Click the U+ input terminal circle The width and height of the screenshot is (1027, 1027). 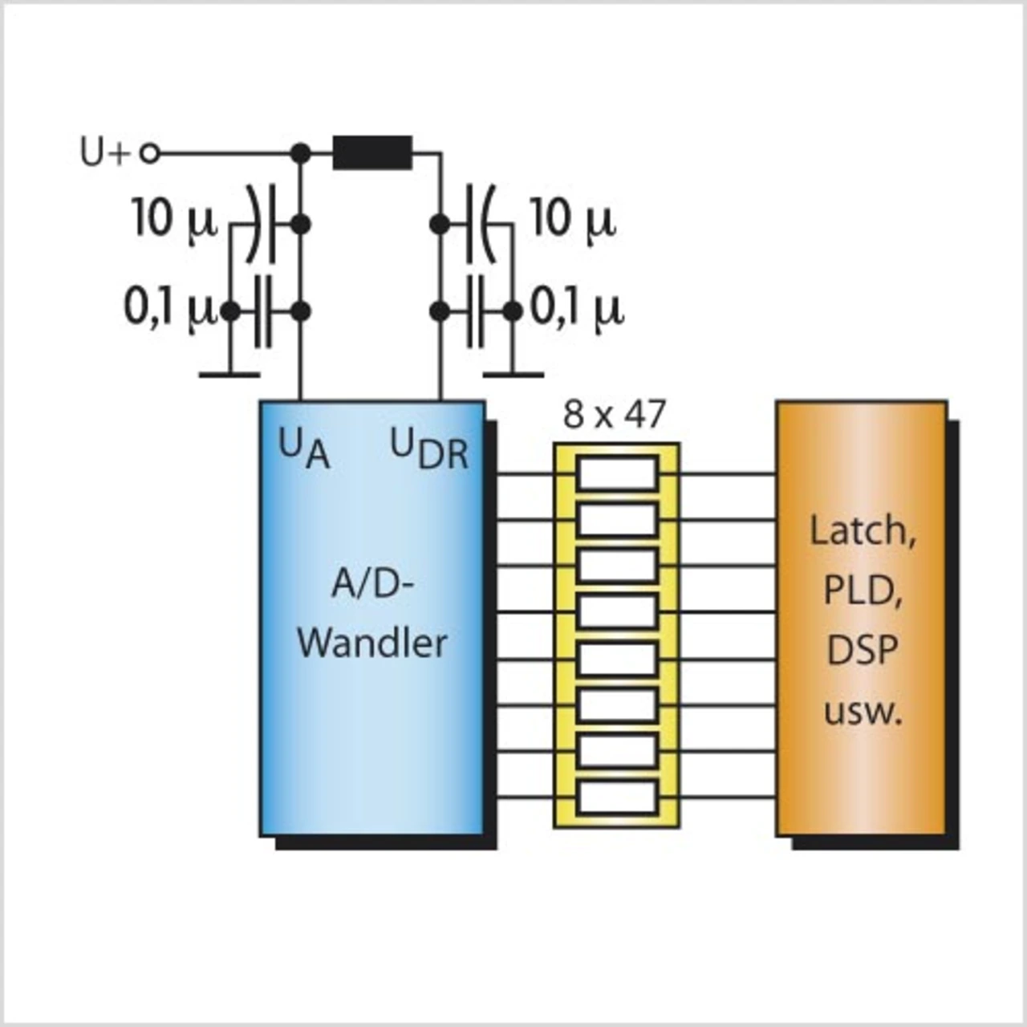pos(150,154)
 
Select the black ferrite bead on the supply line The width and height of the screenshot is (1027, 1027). pos(372,153)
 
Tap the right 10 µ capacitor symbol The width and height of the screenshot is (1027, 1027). pos(481,224)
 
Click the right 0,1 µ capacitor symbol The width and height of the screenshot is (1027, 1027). pos(475,311)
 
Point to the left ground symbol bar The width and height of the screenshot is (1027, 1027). pos(229,375)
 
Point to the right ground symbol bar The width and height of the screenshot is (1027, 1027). pos(513,375)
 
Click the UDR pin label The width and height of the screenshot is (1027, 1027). pos(429,450)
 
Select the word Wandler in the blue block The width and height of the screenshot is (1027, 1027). pos(372,643)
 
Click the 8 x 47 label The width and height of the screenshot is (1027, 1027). pos(615,415)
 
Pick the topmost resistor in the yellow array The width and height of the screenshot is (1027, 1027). pos(617,473)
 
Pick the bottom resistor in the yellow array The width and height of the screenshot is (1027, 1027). pos(617,798)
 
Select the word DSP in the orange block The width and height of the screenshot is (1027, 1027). pos(862,650)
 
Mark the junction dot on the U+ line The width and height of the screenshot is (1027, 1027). pos(301,154)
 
